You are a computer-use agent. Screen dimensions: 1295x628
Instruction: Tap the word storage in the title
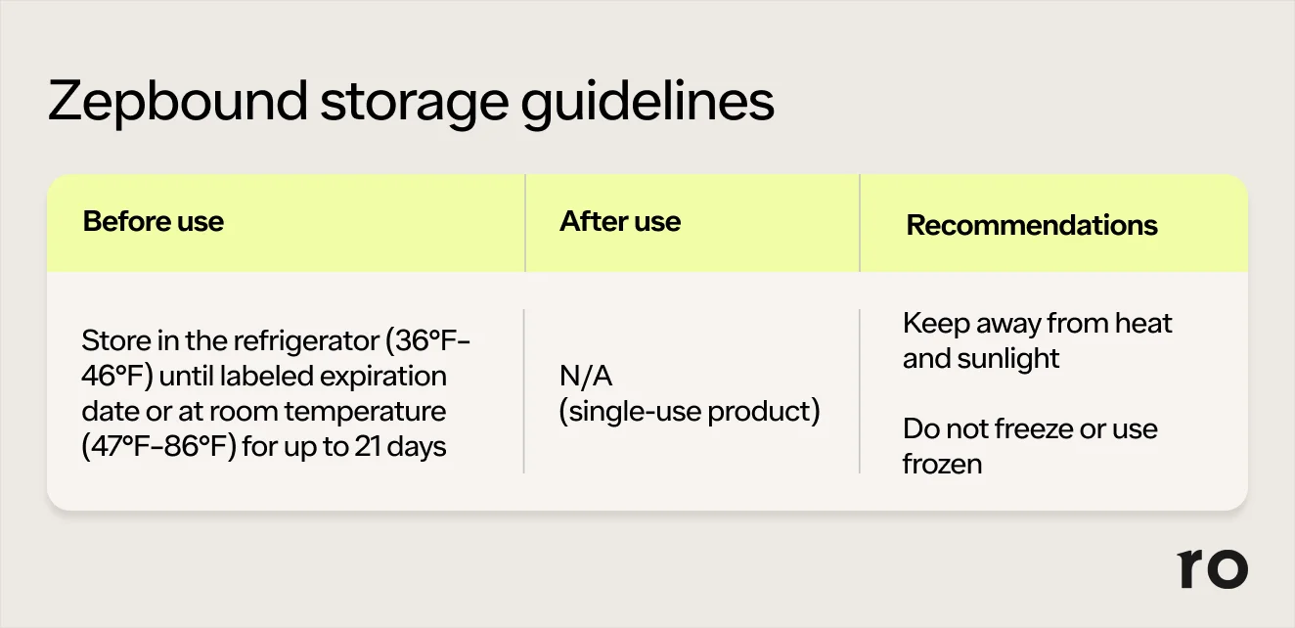pos(415,104)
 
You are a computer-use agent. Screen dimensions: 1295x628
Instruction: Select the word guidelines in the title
pos(647,103)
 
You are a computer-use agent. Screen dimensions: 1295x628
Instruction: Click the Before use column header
pos(154,221)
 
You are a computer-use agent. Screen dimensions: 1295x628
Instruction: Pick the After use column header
pos(620,221)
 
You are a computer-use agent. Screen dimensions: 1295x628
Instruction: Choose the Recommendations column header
pos(1032,224)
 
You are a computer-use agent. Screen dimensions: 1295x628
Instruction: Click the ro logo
pos(1212,568)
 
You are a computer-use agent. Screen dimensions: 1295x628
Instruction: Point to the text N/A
pos(586,376)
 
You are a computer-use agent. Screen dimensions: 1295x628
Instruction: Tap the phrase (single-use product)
pos(690,411)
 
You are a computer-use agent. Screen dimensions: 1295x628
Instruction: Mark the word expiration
pos(383,377)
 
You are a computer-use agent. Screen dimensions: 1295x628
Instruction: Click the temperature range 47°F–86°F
pos(159,446)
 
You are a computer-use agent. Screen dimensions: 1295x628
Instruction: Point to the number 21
pos(368,446)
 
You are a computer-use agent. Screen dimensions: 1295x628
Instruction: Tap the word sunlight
pos(1008,359)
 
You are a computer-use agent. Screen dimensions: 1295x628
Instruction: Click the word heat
pos(1143,323)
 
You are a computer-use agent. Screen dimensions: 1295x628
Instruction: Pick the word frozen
pos(942,464)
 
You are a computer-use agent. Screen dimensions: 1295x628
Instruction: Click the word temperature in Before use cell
pos(366,412)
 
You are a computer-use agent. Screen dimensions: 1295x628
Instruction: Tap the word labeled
pos(267,376)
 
